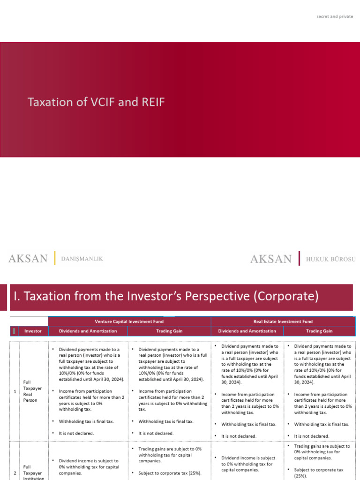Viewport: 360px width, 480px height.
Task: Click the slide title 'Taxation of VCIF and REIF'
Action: pos(96,102)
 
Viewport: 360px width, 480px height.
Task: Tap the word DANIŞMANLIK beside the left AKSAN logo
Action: pos(82,258)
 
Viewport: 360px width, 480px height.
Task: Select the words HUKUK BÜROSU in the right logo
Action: pos(331,259)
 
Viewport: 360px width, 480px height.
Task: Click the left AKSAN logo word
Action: pos(28,258)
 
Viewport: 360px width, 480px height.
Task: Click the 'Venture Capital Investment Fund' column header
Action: pos(129,321)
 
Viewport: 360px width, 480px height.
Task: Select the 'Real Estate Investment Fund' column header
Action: pos(283,321)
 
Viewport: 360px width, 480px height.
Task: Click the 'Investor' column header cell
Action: pos(33,331)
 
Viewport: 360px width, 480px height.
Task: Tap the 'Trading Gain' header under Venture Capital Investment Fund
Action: pos(169,331)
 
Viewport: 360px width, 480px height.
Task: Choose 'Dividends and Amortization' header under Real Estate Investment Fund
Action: pos(247,331)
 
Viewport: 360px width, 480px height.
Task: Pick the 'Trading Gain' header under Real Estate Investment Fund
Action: pos(319,331)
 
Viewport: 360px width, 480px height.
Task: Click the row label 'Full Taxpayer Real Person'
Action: pos(30,391)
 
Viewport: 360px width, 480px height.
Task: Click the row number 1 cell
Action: pos(15,391)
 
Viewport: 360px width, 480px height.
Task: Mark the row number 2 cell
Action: pos(15,472)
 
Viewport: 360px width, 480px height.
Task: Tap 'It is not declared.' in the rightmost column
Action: pos(312,436)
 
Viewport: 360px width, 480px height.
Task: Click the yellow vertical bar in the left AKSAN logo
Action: pos(55,258)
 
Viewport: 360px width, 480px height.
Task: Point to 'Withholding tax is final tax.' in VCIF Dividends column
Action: pos(86,421)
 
